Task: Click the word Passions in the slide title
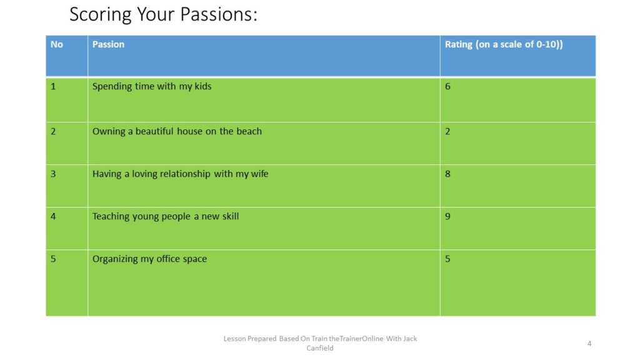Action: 218,14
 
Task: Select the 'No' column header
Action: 57,44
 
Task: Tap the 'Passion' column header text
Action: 108,44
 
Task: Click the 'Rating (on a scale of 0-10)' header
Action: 504,44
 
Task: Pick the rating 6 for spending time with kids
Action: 447,86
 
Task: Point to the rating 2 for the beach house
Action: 447,131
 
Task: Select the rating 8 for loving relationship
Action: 447,174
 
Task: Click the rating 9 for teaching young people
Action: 447,216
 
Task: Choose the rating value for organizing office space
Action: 447,259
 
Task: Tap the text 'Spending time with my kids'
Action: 152,86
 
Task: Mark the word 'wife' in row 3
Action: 259,174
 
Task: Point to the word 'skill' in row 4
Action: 230,216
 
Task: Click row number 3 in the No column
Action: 53,174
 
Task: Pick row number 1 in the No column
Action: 53,86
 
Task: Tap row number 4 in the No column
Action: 53,216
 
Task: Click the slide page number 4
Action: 589,343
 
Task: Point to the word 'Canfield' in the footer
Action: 320,348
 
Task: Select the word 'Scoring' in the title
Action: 101,15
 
